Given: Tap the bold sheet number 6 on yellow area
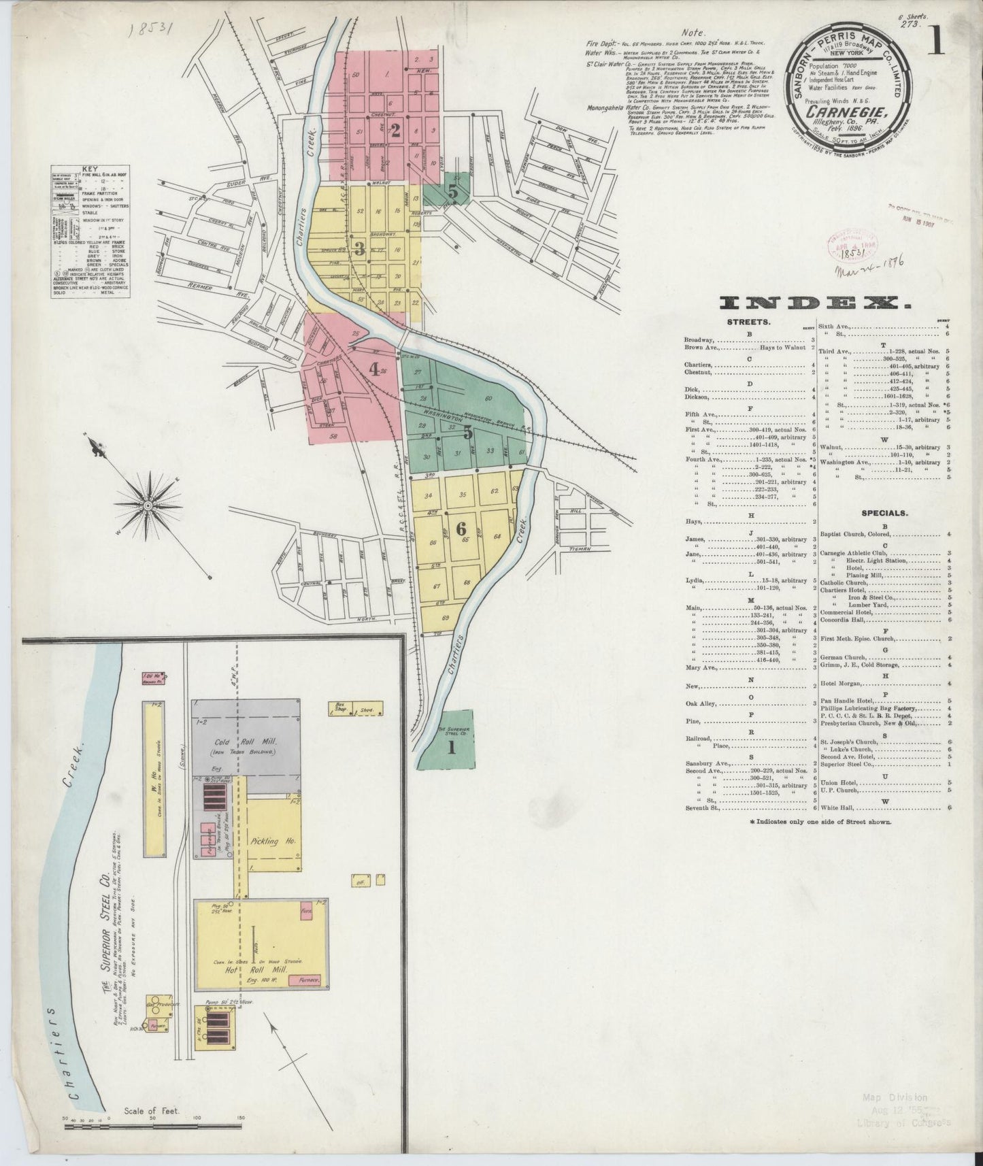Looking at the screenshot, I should [x=461, y=528].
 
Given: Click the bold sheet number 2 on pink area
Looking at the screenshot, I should [x=394, y=131].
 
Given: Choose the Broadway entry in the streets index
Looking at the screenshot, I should [x=699, y=339].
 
